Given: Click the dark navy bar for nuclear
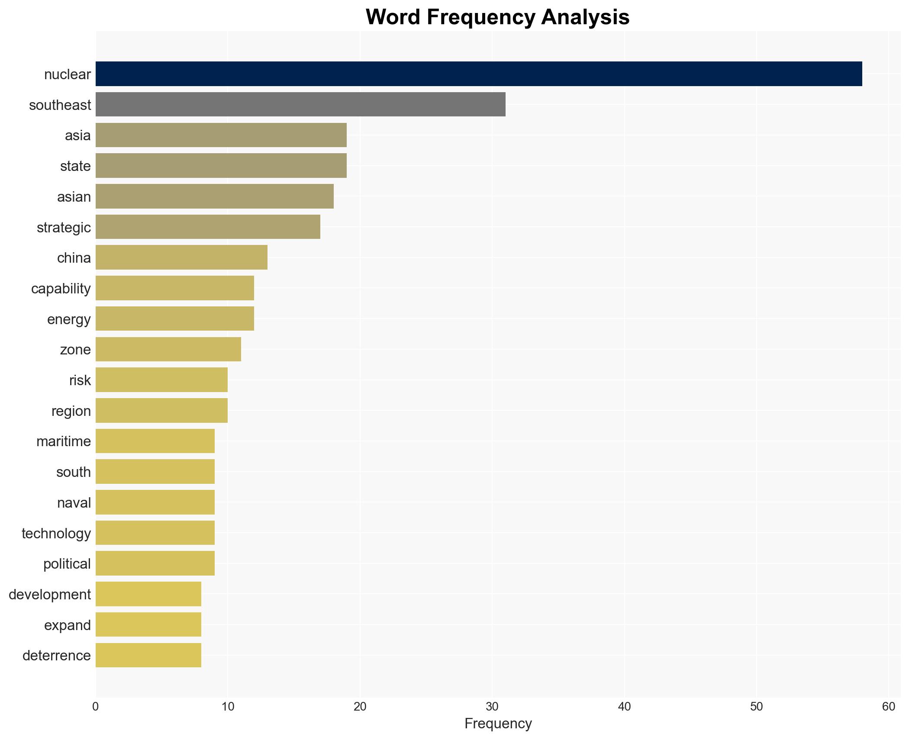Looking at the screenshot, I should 478,74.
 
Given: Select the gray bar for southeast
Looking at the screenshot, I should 300,105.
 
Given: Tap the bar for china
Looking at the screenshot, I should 181,257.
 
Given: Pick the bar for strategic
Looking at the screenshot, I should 208,227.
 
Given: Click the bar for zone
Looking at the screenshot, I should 168,349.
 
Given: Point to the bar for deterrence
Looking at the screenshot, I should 148,655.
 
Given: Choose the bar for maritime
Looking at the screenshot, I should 155,441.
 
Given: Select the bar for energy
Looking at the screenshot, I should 175,319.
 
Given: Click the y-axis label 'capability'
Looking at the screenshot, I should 61,289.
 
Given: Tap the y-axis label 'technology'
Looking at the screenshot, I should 56,533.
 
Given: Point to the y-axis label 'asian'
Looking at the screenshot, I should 74,197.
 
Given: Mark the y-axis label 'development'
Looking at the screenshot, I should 50,595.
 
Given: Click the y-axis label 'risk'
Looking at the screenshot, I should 80,380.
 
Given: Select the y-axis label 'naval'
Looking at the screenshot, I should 74,503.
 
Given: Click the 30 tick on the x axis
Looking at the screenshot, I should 492,707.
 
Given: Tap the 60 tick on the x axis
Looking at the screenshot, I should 888,707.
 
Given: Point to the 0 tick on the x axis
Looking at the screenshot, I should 96,707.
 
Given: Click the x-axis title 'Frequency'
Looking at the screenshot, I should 498,724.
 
